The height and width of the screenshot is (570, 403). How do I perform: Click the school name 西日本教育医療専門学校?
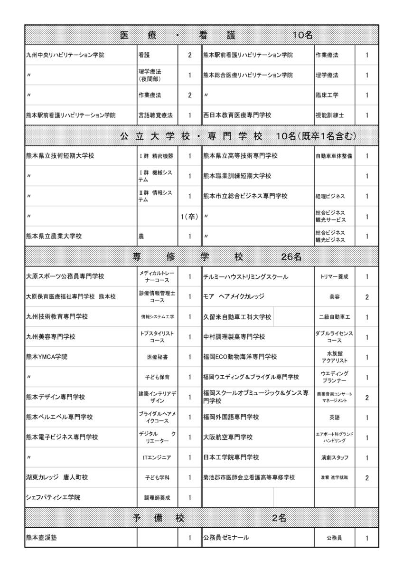pyautogui.click(x=237, y=115)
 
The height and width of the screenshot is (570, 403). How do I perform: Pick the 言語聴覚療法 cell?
pyautogui.click(x=156, y=115)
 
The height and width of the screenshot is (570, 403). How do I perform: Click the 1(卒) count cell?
pyautogui.click(x=189, y=217)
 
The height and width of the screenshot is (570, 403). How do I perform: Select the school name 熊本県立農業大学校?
pyautogui.click(x=54, y=237)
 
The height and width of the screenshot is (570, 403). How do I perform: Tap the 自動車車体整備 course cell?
pyautogui.click(x=334, y=156)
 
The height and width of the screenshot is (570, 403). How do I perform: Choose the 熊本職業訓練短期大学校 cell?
pyautogui.click(x=237, y=176)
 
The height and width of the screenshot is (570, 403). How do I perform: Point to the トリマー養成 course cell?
pyautogui.click(x=334, y=277)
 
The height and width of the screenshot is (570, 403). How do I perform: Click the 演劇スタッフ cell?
pyautogui.click(x=334, y=458)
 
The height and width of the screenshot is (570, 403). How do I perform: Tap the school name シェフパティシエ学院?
pyautogui.click(x=53, y=498)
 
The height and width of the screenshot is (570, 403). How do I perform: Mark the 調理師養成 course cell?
pyautogui.click(x=157, y=498)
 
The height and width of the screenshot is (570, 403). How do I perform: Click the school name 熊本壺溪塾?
pyautogui.click(x=43, y=538)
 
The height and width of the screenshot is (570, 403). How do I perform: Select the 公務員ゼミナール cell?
pyautogui.click(x=226, y=538)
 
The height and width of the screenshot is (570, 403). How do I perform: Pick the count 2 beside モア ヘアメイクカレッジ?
pyautogui.click(x=367, y=297)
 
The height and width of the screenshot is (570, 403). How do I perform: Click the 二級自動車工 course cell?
pyautogui.click(x=334, y=317)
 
